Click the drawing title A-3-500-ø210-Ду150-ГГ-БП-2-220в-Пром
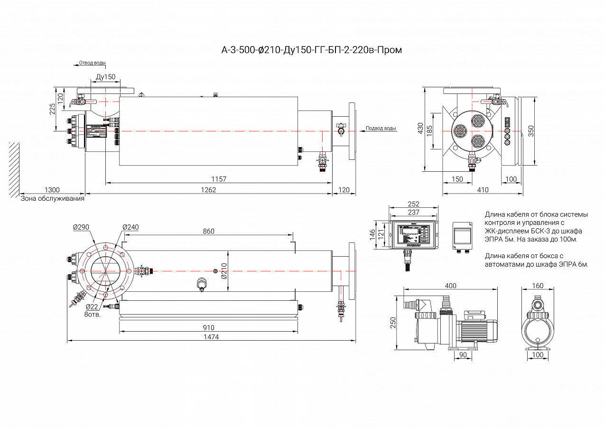pos(312,50)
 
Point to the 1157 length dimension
pos(219,179)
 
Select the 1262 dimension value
pos(208,190)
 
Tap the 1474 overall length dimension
pos(211,336)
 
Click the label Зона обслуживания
pos(52,198)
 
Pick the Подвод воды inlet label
pos(381,128)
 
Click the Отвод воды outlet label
pos(92,63)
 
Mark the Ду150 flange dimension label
pos(105,76)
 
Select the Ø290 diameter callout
pos(82,227)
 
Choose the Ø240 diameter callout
pos(130,227)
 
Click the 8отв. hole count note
pos(92,314)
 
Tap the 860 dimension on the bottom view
pos(208,231)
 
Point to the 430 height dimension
pos(419,128)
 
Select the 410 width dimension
pos(483,190)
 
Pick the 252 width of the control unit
pos(413,204)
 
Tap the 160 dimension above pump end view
pos(538,286)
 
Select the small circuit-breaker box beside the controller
pos(462,235)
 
